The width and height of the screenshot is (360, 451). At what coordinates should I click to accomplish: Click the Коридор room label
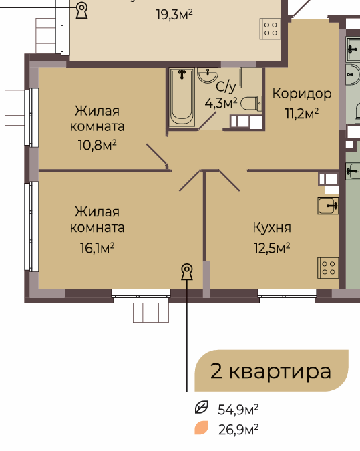302,94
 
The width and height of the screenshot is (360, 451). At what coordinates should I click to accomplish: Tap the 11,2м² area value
302,114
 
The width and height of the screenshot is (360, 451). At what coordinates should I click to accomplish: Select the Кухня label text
272,228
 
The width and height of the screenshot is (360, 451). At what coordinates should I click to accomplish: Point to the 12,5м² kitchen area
272,248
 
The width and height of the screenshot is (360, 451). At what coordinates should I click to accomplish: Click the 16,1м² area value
98,248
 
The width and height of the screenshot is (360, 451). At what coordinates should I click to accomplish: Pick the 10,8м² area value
98,145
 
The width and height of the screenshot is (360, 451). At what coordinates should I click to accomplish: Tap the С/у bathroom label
226,86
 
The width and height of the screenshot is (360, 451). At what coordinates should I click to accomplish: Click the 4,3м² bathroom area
221,103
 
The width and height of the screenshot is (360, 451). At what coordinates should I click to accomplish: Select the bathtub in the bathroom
182,98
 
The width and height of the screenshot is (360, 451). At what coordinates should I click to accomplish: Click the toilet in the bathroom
251,104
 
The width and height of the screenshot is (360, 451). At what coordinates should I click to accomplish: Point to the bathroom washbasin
208,76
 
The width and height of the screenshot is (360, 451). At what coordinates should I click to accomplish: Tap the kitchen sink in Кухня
328,206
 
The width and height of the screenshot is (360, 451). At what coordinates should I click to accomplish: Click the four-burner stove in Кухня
328,268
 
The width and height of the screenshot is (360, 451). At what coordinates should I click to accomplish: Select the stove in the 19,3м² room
271,29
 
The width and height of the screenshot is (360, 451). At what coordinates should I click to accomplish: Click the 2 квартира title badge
271,371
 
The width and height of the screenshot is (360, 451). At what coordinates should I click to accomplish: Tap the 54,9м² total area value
238,410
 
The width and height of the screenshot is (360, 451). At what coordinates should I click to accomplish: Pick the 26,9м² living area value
238,430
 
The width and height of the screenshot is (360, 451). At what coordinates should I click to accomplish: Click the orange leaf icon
201,428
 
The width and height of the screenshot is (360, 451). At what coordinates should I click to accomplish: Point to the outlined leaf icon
201,408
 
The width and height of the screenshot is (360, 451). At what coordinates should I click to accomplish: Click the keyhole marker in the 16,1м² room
187,271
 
